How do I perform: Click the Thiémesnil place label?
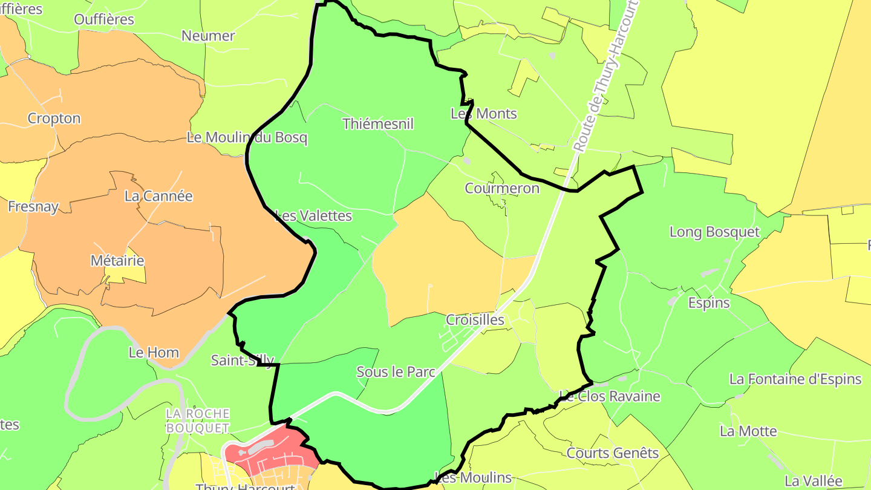click(x=378, y=124)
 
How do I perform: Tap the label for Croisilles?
click(x=475, y=319)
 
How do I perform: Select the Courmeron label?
click(x=502, y=188)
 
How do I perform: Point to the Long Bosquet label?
click(x=714, y=232)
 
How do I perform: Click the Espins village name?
click(x=709, y=302)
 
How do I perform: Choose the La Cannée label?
click(x=158, y=196)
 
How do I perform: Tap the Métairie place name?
click(x=117, y=261)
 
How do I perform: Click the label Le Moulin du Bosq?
click(x=247, y=137)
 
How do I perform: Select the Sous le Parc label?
click(x=396, y=372)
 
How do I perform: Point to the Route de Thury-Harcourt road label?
click(x=606, y=76)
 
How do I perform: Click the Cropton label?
click(x=54, y=119)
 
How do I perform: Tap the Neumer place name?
click(x=208, y=36)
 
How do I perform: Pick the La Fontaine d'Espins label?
click(x=795, y=379)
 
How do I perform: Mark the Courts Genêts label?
click(x=612, y=452)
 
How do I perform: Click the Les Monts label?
click(x=484, y=113)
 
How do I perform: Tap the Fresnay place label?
click(x=33, y=207)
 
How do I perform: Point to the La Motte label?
click(x=748, y=431)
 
